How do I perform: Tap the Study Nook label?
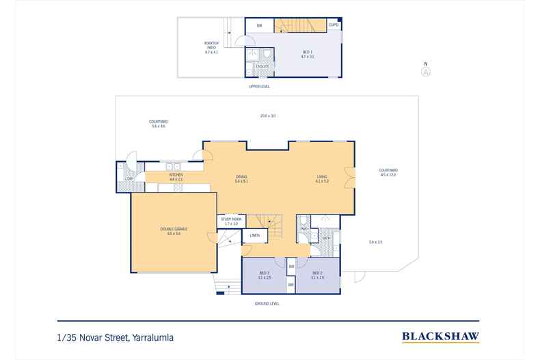click(x=231, y=221)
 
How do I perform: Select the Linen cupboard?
click(x=254, y=236)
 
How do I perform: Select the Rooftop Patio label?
click(x=211, y=47)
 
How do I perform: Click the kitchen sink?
click(x=172, y=165)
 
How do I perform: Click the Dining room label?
click(x=241, y=179)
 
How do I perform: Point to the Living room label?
click(x=322, y=179)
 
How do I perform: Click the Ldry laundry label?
click(x=128, y=179)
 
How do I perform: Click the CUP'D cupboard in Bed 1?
click(x=334, y=25)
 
